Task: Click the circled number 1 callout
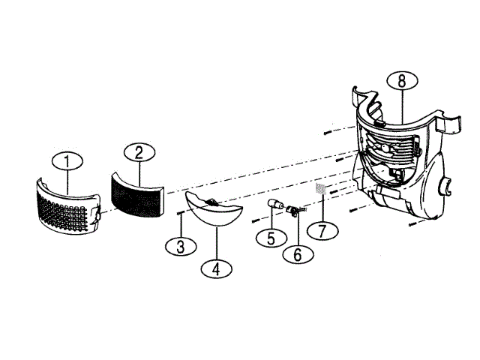pyautogui.click(x=67, y=161)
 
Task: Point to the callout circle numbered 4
pyautogui.click(x=216, y=267)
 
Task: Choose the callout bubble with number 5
pyautogui.click(x=267, y=238)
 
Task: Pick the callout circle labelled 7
pyautogui.click(x=322, y=230)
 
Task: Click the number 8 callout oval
pyautogui.click(x=402, y=82)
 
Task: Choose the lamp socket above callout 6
pyautogui.click(x=293, y=211)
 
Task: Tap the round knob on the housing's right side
pyautogui.click(x=445, y=185)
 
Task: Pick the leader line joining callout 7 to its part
pyautogui.click(x=322, y=208)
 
